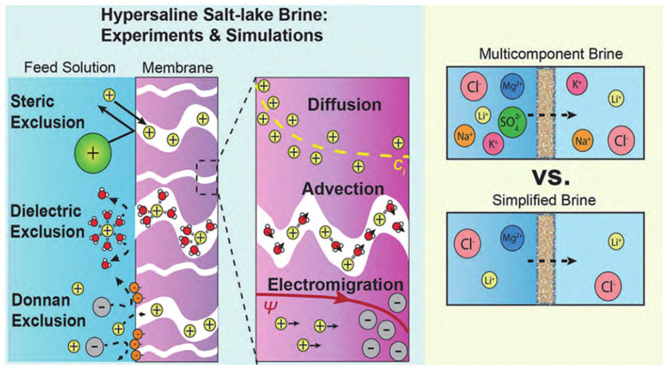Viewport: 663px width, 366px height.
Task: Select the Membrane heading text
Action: point(177,68)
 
